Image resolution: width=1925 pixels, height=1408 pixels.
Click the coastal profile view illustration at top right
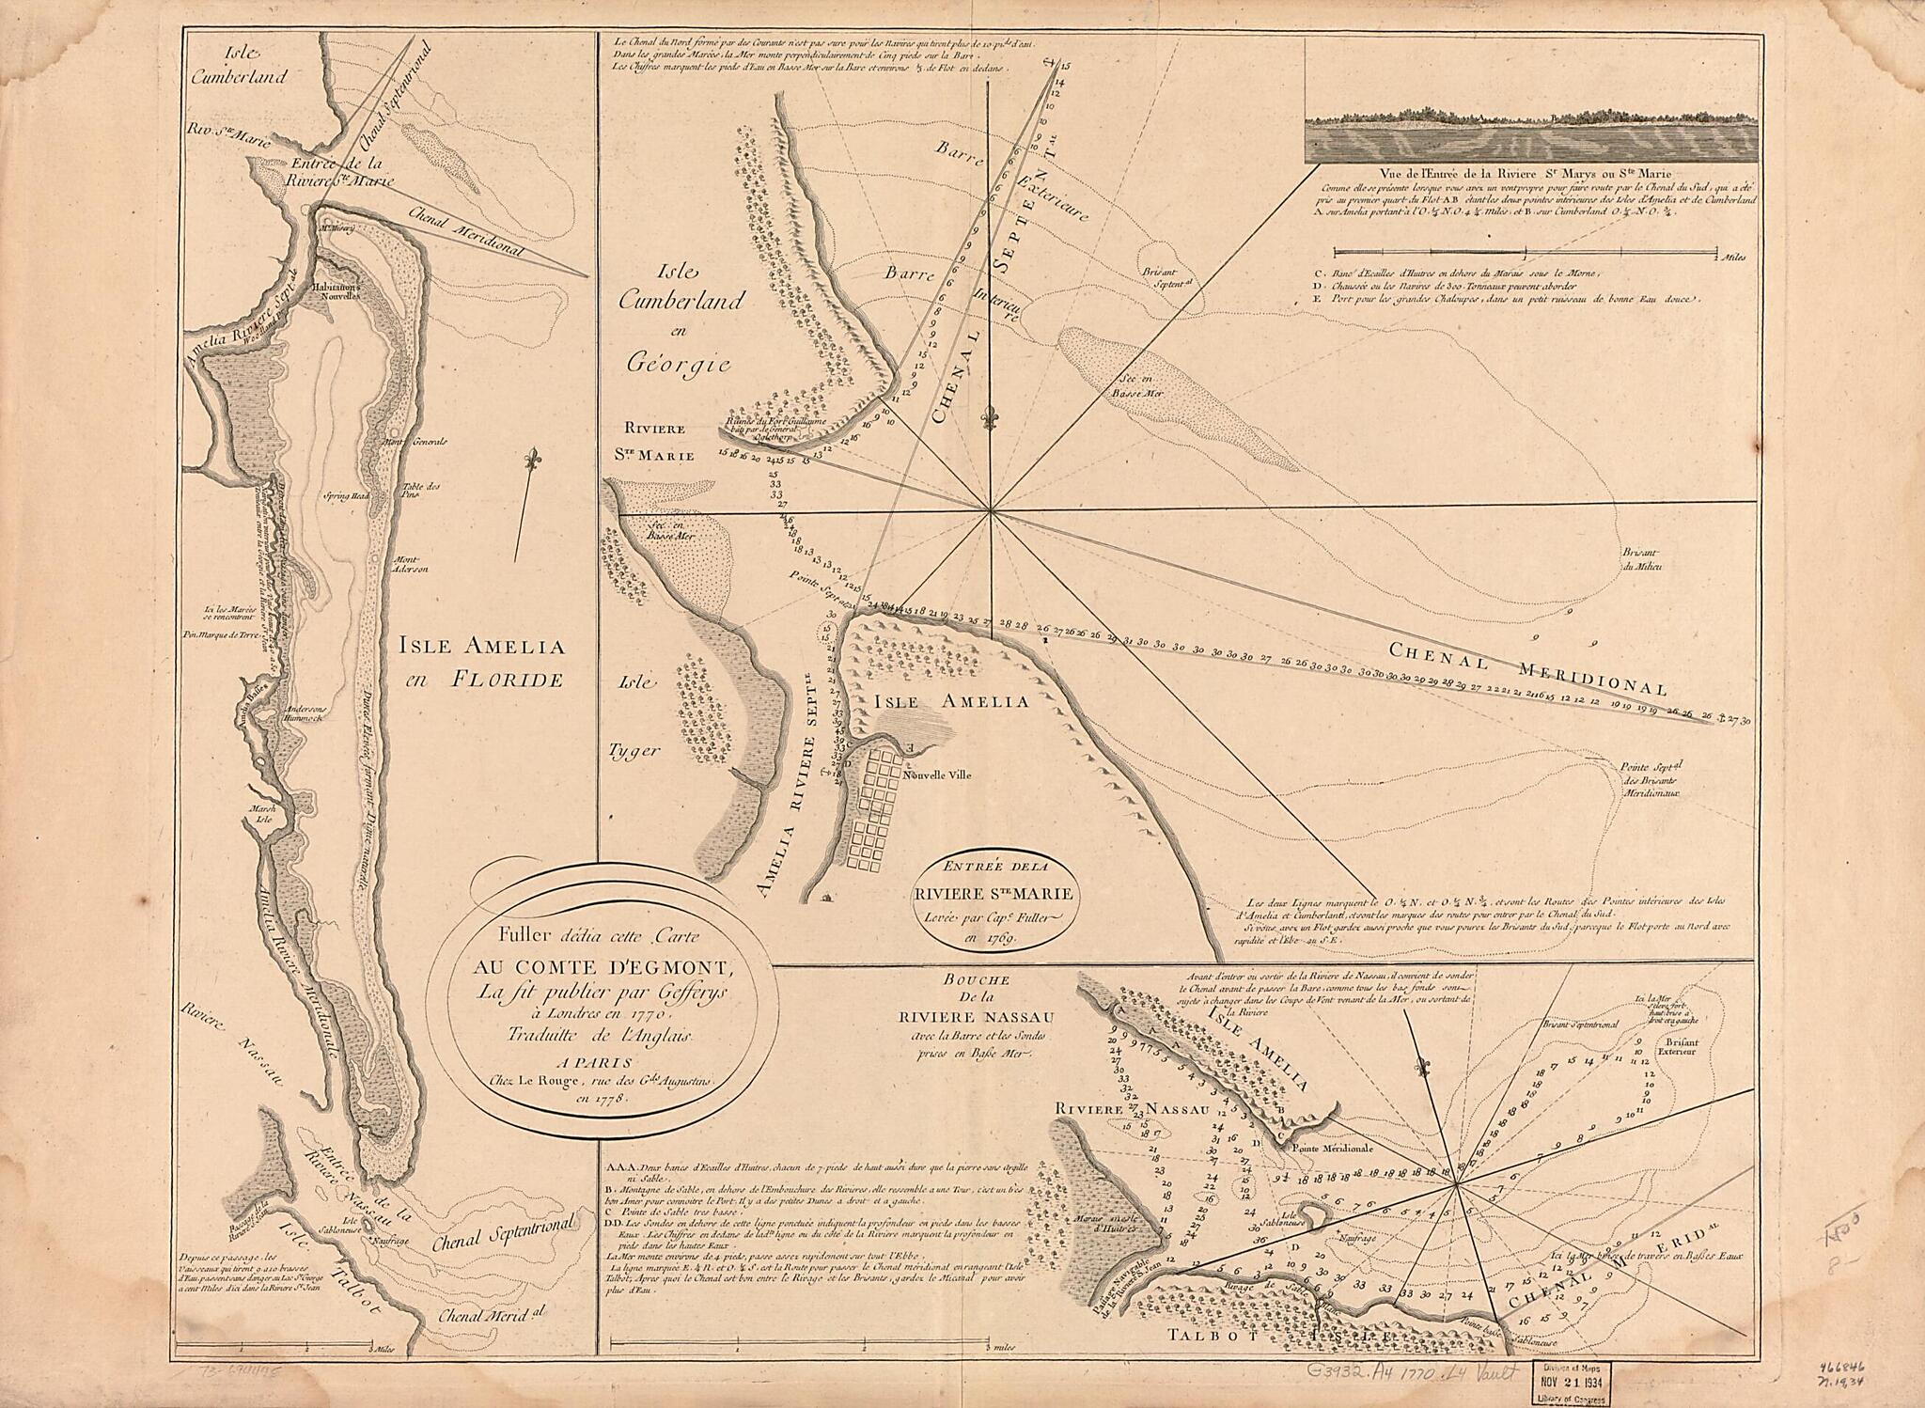[1530, 137]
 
